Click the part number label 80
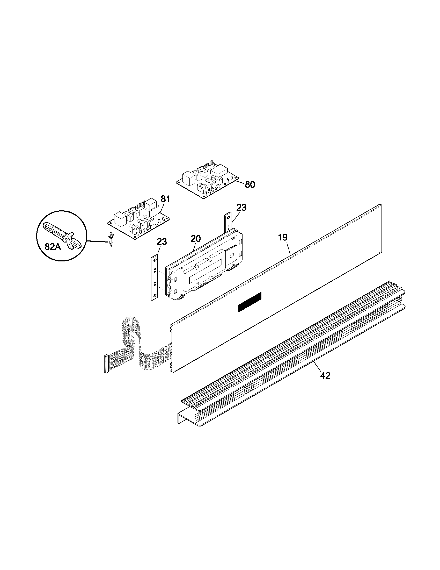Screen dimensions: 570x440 [x=250, y=184]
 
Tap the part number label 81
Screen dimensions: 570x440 [x=165, y=199]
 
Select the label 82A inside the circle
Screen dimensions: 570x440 [x=53, y=247]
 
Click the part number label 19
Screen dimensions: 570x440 [x=283, y=237]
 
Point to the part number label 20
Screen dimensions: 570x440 [x=196, y=239]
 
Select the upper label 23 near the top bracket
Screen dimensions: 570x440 [x=241, y=208]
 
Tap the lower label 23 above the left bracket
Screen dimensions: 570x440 [x=162, y=241]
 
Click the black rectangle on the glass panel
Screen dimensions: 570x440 [x=250, y=302]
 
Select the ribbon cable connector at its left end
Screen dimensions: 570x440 [x=106, y=364]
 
